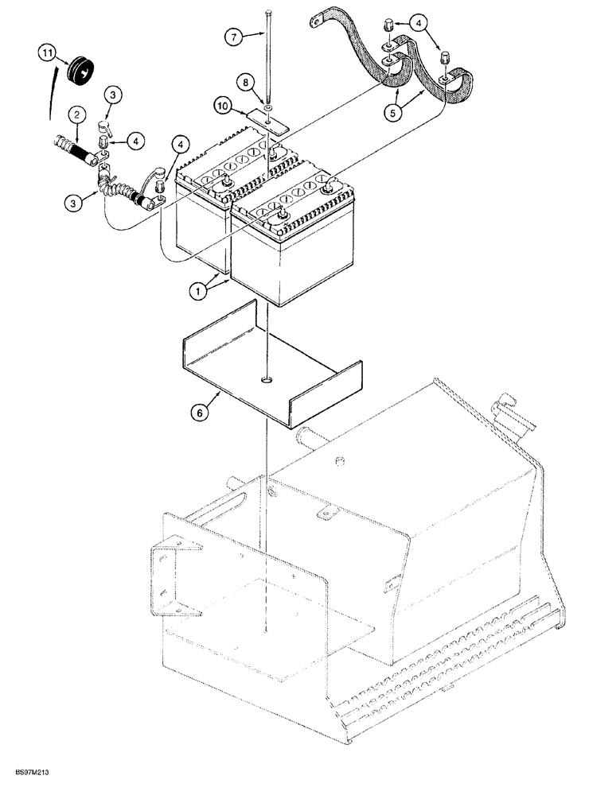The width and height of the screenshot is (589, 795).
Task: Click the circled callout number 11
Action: [48, 54]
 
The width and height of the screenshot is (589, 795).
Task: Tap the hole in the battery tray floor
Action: [264, 381]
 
